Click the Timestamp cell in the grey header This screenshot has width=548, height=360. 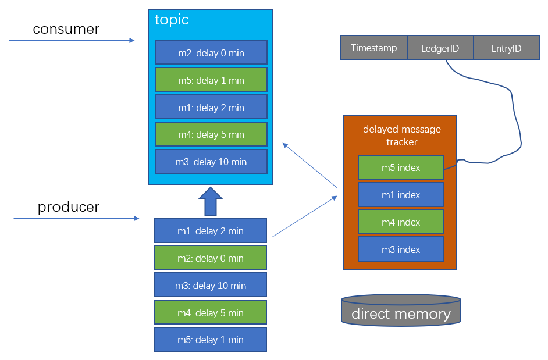tap(373, 48)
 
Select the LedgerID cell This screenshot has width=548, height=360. tap(440, 48)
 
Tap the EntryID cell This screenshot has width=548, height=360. tap(506, 48)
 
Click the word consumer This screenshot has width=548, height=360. tap(66, 29)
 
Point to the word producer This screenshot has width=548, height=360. tap(68, 207)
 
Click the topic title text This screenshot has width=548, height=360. tap(172, 20)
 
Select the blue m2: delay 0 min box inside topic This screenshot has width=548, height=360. tap(211, 52)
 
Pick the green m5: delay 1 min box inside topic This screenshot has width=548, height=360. tap(211, 80)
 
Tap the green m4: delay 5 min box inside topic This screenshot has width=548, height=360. tap(211, 134)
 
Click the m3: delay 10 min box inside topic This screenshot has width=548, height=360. tap(211, 162)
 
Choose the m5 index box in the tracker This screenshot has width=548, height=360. tap(400, 167)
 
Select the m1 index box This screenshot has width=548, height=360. tap(400, 195)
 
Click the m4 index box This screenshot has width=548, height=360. tap(400, 222)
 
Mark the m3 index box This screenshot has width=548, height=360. tap(400, 249)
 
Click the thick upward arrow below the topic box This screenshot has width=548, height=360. tap(211, 201)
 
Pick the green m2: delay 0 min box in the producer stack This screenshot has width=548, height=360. tap(210, 258)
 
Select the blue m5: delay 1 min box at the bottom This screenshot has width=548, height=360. tap(210, 340)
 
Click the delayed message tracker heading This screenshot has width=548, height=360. tap(401, 136)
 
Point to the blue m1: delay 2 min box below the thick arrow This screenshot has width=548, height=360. tap(210, 231)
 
